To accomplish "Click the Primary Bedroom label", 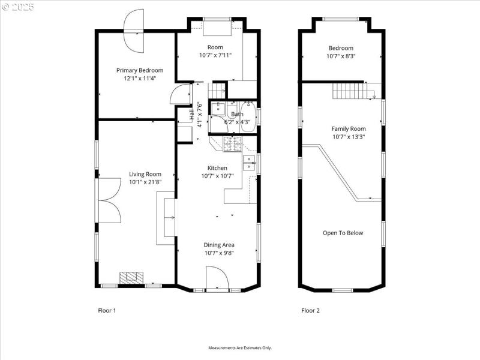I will tap(139, 70).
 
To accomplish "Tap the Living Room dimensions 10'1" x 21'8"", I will tap(145, 181).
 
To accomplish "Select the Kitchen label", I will tap(217, 168).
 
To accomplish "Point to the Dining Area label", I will tap(218, 245).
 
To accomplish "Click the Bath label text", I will tap(238, 114).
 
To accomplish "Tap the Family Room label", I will tap(349, 128).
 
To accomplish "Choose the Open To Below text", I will tap(343, 233).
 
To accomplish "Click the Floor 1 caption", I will tap(107, 310).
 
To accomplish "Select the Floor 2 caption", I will tap(310, 310).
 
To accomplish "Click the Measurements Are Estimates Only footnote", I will tap(240, 348).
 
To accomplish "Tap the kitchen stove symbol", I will tap(232, 143).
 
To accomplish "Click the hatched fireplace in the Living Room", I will tap(131, 277).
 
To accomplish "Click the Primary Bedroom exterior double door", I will tap(133, 32).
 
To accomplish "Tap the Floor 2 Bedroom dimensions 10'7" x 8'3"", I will tap(340, 56).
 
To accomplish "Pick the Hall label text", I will tap(191, 115).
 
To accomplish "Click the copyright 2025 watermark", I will tap(19, 7).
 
